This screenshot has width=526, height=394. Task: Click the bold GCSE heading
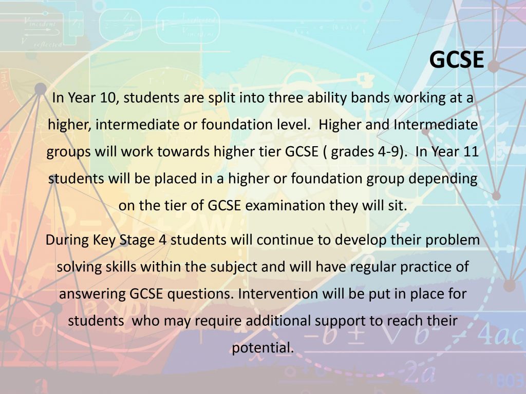[457, 60]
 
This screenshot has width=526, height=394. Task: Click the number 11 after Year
[471, 151]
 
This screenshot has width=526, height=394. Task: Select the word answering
[92, 294]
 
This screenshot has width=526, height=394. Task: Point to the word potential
[263, 348]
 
